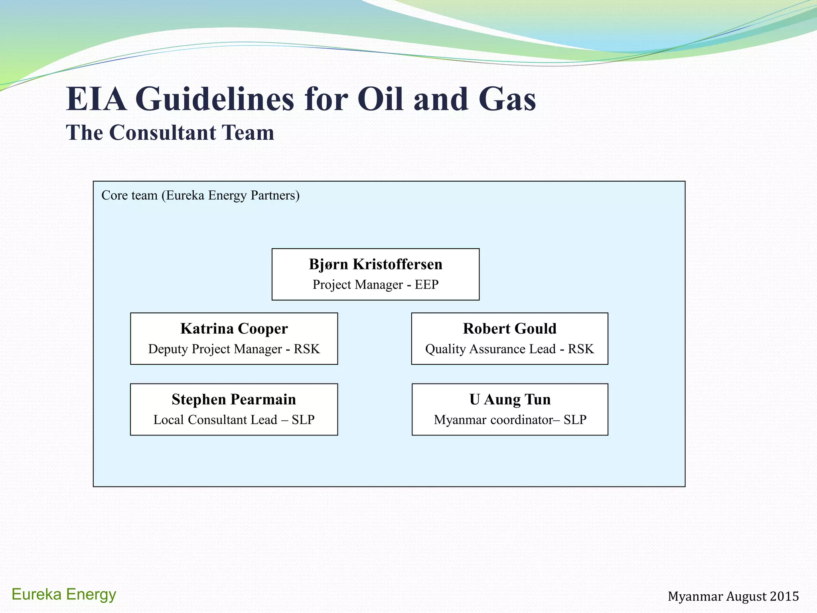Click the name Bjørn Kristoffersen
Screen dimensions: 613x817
point(375,264)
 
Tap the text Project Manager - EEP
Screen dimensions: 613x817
point(375,285)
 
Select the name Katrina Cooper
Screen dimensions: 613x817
point(234,328)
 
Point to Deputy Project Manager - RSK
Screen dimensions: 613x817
point(234,349)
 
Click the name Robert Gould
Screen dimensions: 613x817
point(509,328)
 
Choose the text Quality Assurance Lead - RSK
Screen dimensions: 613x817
point(509,349)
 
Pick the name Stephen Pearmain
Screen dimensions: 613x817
point(234,399)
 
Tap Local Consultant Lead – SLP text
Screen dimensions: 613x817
point(234,420)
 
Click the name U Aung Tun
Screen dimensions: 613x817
point(510,399)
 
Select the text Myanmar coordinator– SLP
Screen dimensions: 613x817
point(510,420)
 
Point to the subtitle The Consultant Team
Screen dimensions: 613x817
point(170,132)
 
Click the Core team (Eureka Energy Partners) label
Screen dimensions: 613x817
point(200,196)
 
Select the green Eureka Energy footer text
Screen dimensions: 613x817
point(64,594)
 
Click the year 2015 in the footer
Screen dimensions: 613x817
point(784,596)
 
